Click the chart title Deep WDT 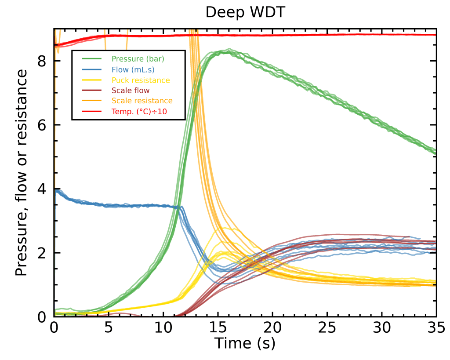pos(246,12)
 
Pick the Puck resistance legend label pos(141,80)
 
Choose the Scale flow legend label pos(131,91)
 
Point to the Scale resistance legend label pos(142,101)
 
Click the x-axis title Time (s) pos(245,343)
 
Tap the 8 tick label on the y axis pos(42,61)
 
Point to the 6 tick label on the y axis pos(42,125)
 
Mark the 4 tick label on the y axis pos(42,189)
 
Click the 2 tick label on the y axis pos(42,253)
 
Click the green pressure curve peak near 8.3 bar pos(225,51)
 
